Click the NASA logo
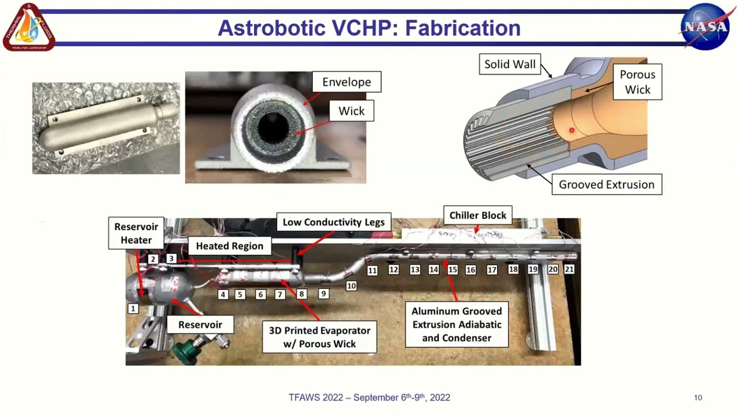point(705,27)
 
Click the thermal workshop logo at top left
point(29,27)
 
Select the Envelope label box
point(346,82)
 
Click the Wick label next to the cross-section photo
point(352,111)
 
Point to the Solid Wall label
point(510,64)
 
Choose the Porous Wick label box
point(637,82)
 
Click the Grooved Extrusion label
point(606,185)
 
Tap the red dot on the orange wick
point(572,131)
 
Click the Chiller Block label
point(477,216)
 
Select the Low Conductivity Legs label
point(333,222)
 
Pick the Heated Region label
point(229,246)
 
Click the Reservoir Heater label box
point(136,233)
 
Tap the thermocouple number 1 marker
point(133,309)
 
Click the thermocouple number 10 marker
point(351,286)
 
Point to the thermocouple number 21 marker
point(569,269)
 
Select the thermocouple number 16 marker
point(471,270)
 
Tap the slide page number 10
point(698,398)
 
